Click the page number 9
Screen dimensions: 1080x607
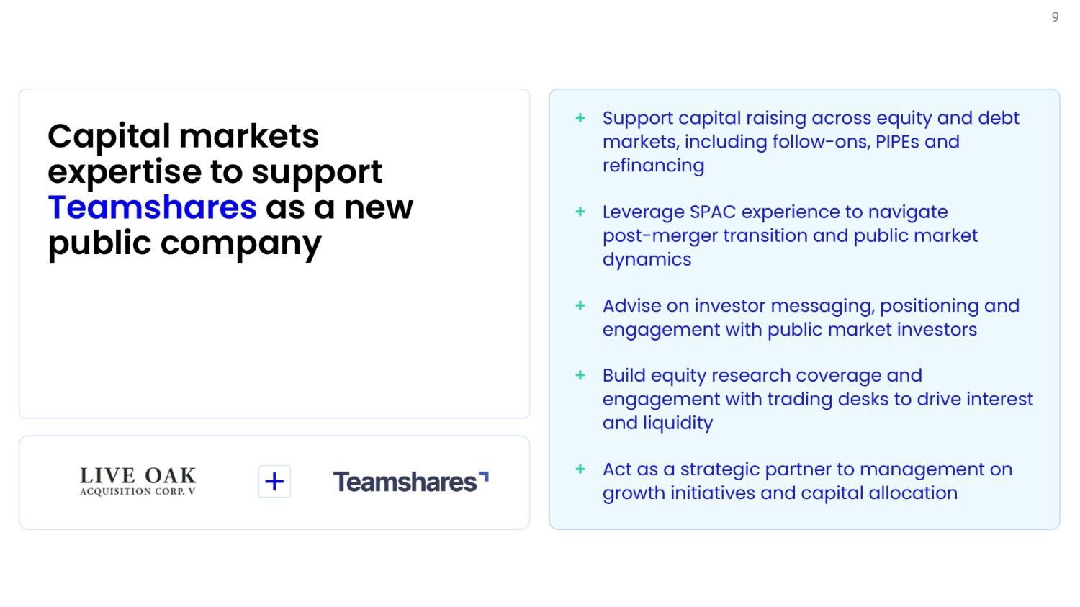pyautogui.click(x=1055, y=17)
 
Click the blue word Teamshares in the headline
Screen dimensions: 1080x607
pyautogui.click(x=153, y=207)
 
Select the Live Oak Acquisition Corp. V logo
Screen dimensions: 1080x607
pyautogui.click(x=138, y=481)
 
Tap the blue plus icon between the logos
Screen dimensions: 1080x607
pyautogui.click(x=274, y=481)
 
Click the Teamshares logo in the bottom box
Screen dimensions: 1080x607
pyautogui.click(x=411, y=482)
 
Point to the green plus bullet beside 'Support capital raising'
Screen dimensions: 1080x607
pyautogui.click(x=580, y=117)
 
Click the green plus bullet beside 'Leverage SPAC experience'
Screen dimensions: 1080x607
pyautogui.click(x=580, y=212)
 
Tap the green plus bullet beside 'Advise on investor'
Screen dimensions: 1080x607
pyautogui.click(x=580, y=305)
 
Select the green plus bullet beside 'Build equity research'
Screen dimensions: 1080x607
pyautogui.click(x=580, y=375)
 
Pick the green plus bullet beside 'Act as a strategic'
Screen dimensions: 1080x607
pyautogui.click(x=580, y=469)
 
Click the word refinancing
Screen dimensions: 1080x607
pyautogui.click(x=653, y=166)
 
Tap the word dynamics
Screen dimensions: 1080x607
pyautogui.click(x=647, y=260)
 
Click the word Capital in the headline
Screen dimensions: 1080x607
pyautogui.click(x=109, y=137)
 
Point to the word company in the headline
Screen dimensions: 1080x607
pyautogui.click(x=240, y=244)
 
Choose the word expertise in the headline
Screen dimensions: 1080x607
pyautogui.click(x=125, y=172)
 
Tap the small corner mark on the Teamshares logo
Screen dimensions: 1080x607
pyautogui.click(x=484, y=476)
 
